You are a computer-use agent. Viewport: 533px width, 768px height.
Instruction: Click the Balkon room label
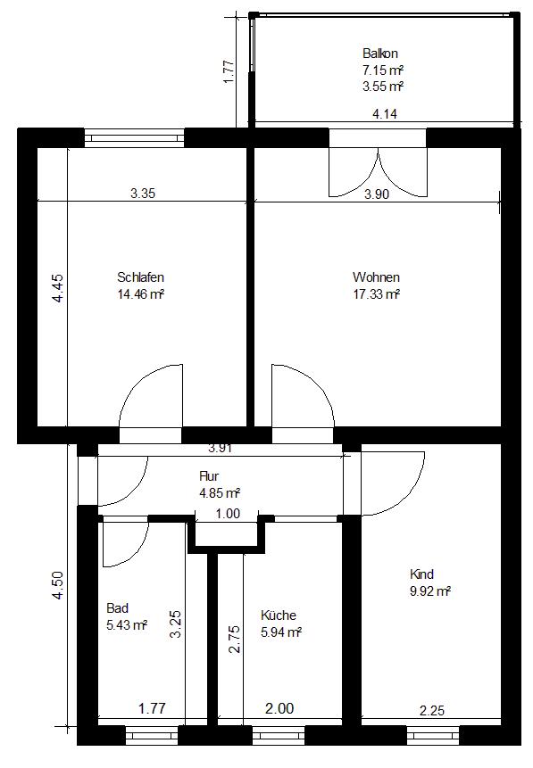[x=380, y=53]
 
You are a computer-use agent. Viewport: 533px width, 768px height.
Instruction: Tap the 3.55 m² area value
[x=383, y=87]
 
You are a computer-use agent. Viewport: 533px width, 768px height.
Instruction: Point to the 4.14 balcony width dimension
[x=385, y=114]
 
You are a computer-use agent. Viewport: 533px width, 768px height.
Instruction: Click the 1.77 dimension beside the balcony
[x=229, y=71]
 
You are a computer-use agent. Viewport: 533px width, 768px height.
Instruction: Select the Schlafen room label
[x=140, y=277]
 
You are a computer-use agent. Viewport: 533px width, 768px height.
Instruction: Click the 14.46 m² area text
[x=140, y=294]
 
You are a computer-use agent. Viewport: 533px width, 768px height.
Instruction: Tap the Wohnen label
[x=376, y=277]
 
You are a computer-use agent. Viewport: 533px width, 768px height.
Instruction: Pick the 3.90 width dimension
[x=377, y=194]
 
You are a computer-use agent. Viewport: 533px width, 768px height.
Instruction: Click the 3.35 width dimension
[x=143, y=194]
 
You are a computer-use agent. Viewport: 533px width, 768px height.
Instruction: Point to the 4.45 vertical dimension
[x=57, y=288]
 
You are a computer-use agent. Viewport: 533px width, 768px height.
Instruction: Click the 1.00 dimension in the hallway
[x=228, y=513]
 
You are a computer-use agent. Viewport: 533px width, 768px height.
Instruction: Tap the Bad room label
[x=117, y=608]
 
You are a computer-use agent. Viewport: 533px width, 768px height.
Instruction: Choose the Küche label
[x=278, y=615]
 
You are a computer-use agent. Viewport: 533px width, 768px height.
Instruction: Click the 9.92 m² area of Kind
[x=430, y=591]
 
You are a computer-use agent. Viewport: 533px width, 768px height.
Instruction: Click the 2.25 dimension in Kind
[x=432, y=710]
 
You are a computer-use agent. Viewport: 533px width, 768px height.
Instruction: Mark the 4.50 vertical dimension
[x=57, y=585]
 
